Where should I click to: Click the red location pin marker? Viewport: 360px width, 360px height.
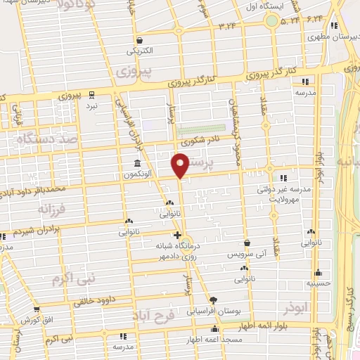point(181,166)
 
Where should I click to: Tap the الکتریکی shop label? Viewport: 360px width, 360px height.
point(139,51)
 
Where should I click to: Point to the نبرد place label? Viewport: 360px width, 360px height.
point(92,105)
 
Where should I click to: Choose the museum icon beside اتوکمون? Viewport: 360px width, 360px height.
point(135,162)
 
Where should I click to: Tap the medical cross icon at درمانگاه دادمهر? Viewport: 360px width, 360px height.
point(177,235)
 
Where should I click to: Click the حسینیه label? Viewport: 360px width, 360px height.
point(318,283)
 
